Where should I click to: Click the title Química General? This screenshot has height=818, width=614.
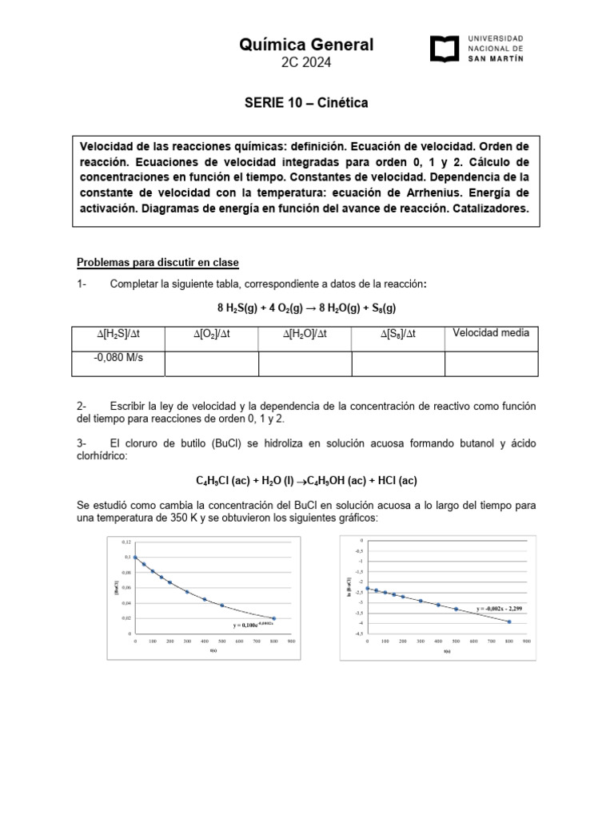[306, 45]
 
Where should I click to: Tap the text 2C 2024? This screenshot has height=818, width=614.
[306, 63]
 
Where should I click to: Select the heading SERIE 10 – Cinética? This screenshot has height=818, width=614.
[306, 103]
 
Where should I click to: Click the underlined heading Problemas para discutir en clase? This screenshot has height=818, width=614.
[157, 263]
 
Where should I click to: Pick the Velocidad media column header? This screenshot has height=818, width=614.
[491, 333]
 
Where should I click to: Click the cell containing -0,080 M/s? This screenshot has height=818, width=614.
[118, 358]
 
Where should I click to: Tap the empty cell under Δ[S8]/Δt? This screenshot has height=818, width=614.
[397, 363]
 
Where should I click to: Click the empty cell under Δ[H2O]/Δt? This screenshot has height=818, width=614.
[305, 363]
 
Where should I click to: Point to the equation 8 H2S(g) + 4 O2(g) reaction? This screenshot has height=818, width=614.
[306, 308]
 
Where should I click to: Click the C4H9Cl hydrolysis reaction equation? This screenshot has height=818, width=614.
[306, 480]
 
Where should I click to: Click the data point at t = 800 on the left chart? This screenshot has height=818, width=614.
[274, 618]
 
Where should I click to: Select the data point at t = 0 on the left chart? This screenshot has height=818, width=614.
[135, 558]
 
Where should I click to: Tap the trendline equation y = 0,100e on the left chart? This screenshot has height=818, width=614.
[253, 625]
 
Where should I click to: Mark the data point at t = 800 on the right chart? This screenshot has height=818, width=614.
[508, 621]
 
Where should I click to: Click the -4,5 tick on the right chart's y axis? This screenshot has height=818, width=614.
[359, 633]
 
